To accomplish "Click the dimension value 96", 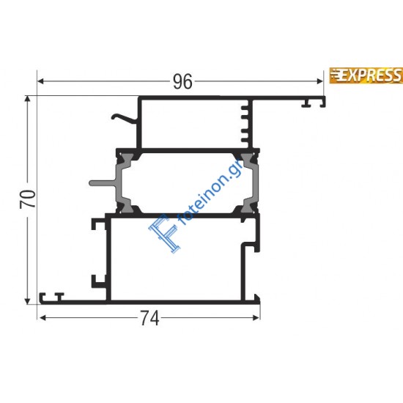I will tap(182, 82).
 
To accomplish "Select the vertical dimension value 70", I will tap(27, 199).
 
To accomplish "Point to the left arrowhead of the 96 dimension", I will tap(41, 82).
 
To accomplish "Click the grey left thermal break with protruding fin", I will tap(117, 183).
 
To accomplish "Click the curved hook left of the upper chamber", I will tap(126, 117).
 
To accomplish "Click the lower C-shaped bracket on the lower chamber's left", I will tap(96, 280).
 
